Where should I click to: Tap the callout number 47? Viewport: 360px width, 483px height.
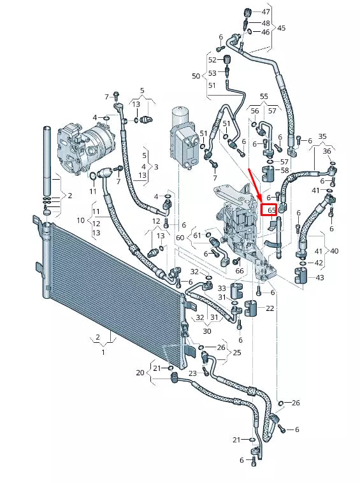coord(266,12)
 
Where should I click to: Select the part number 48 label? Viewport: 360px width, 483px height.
coord(266,22)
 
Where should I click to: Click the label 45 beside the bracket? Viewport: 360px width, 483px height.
coord(282,28)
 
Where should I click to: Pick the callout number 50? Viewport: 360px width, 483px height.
coord(196,76)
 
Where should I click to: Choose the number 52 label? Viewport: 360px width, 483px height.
coord(213,60)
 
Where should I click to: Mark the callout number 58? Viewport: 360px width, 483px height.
coord(284,170)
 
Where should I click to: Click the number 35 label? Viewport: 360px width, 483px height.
coord(322,136)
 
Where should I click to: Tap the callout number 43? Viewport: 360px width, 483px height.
coord(319,277)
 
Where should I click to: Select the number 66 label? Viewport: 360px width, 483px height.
coord(240,271)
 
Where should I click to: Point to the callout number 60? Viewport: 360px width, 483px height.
coord(180,238)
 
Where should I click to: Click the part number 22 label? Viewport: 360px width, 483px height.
coord(270,308)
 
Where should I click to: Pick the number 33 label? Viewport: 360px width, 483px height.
coord(221,288)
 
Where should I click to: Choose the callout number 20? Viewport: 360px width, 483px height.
coord(141,373)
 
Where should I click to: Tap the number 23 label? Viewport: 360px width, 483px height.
coord(192,373)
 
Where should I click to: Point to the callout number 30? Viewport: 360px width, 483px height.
coord(208,331)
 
